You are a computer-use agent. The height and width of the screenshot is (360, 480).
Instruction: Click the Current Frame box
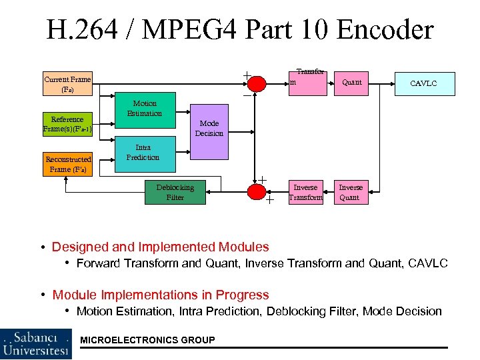[x=67, y=84]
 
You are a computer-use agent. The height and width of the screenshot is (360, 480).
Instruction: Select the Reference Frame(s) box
[x=67, y=123]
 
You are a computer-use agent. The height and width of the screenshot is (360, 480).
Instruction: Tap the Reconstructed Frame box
[x=67, y=164]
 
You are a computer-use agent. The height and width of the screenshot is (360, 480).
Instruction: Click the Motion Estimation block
[x=145, y=109]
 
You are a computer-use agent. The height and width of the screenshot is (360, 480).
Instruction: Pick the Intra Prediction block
[x=143, y=153]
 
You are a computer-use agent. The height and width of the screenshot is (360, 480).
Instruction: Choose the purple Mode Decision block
[x=209, y=128]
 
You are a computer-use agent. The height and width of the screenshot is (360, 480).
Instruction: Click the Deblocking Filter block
[x=175, y=192]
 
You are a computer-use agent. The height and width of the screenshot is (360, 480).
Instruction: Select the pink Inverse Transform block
[x=305, y=192]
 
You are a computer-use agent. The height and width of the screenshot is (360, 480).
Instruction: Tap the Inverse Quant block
[x=350, y=192]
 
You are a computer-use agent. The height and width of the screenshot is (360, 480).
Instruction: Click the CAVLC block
[x=424, y=83]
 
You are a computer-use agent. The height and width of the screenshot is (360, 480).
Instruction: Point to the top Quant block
[x=351, y=83]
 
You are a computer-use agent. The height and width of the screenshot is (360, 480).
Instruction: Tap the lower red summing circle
[x=257, y=192]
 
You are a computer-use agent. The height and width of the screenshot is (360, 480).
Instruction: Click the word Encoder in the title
[x=385, y=30]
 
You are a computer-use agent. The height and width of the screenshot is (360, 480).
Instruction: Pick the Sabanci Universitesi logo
[x=37, y=343]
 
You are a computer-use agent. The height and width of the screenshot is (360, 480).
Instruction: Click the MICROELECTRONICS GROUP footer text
[x=147, y=340]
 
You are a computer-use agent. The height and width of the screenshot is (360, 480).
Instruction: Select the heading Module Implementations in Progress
[x=161, y=295]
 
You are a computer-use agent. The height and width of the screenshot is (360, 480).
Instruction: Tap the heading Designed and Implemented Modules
[x=161, y=247]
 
